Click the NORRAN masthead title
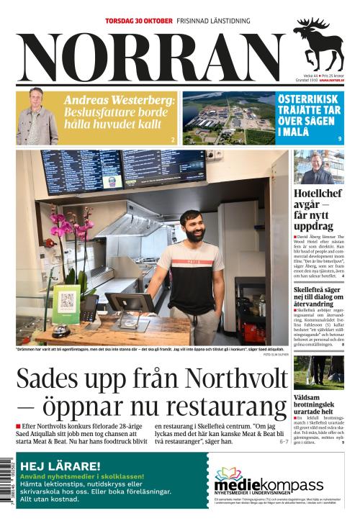point(151,56)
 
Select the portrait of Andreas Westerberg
point(37,117)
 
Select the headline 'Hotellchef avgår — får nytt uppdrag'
point(318,209)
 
